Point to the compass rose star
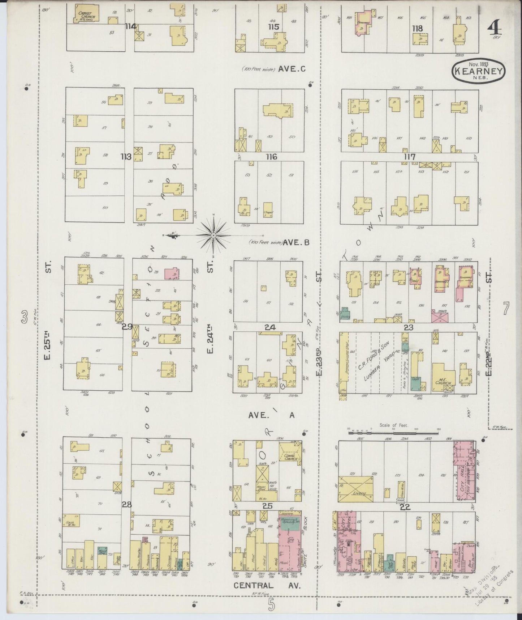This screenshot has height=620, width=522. (213, 235)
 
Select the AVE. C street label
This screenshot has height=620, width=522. (292, 69)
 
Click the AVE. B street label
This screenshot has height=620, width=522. (296, 243)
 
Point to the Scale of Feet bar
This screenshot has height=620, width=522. (394, 432)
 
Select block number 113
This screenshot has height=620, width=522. (126, 157)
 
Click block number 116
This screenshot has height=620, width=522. (271, 157)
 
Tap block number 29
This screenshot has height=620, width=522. (127, 327)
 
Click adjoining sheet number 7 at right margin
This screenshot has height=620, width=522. (505, 309)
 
